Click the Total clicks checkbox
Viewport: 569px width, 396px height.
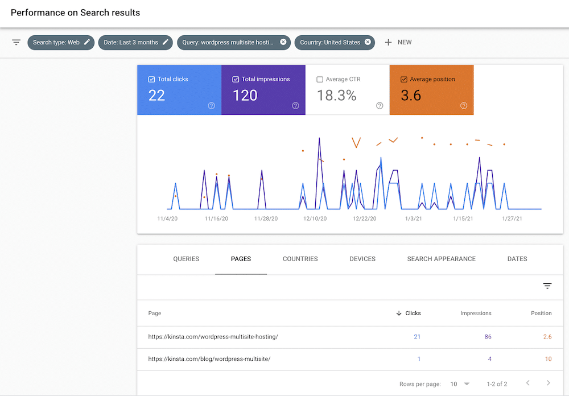coord(151,80)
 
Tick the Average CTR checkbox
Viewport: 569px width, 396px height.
coord(320,80)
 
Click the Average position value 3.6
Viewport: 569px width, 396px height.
coord(411,96)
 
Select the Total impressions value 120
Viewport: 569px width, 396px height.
coord(245,96)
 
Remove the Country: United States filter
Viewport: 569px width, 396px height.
coord(368,42)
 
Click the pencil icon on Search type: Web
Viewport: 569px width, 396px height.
coord(87,42)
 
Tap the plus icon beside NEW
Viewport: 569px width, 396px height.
coord(388,42)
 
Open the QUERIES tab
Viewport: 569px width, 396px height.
coord(186,259)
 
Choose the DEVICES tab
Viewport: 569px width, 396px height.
coord(362,259)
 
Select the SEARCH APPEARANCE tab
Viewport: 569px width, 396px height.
coord(441,259)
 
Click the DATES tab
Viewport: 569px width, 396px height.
coord(517,259)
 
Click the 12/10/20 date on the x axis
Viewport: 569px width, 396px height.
coord(315,218)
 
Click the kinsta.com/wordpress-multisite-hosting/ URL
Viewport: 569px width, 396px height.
coord(213,337)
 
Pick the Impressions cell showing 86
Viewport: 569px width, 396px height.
coord(488,337)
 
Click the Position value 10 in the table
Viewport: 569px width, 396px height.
coord(548,359)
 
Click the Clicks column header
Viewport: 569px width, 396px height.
coord(413,313)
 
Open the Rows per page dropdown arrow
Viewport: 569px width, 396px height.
coord(467,384)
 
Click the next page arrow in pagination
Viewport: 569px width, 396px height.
coord(548,383)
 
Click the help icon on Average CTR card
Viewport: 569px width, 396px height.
coord(380,105)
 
